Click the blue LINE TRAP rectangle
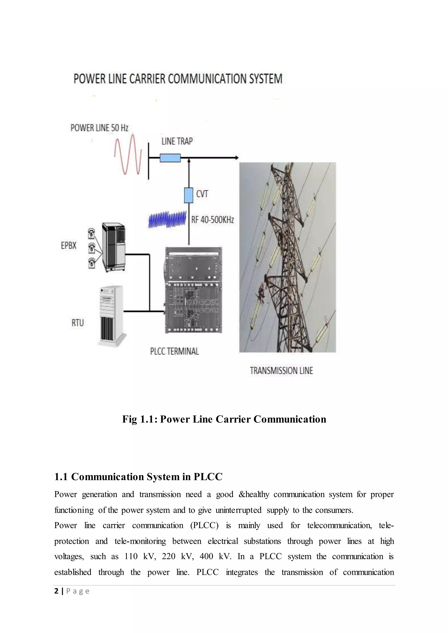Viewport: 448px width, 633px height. pyautogui.click(x=170, y=158)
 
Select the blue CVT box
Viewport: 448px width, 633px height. pyautogui.click(x=189, y=195)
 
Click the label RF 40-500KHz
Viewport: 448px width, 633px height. pyautogui.click(x=213, y=220)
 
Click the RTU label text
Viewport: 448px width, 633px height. pyautogui.click(x=77, y=323)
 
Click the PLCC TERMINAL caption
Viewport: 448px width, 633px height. pyautogui.click(x=174, y=351)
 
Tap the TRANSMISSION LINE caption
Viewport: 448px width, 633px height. pyautogui.click(x=281, y=370)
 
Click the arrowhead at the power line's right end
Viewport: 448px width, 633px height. pyautogui.click(x=236, y=158)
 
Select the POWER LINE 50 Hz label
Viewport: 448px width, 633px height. pyautogui.click(x=99, y=128)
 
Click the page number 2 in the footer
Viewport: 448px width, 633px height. pyautogui.click(x=57, y=591)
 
